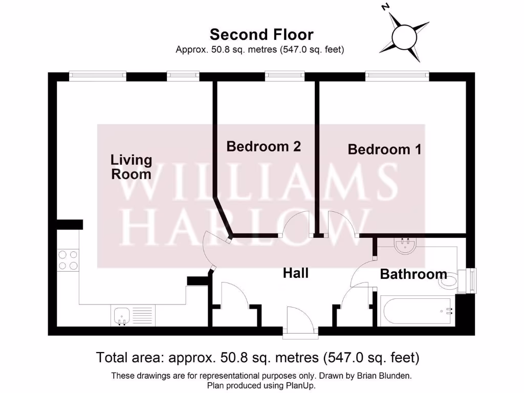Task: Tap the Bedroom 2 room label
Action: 264,146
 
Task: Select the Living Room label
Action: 132,167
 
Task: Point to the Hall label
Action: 296,273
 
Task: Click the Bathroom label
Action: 413,274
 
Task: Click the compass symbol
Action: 404,36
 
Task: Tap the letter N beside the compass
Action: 386,7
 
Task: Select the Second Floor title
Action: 261,35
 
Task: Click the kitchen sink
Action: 121,315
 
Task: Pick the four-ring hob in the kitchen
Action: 68,259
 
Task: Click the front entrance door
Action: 300,322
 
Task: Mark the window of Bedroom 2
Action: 285,76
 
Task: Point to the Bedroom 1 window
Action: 397,76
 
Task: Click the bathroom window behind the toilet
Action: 471,280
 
